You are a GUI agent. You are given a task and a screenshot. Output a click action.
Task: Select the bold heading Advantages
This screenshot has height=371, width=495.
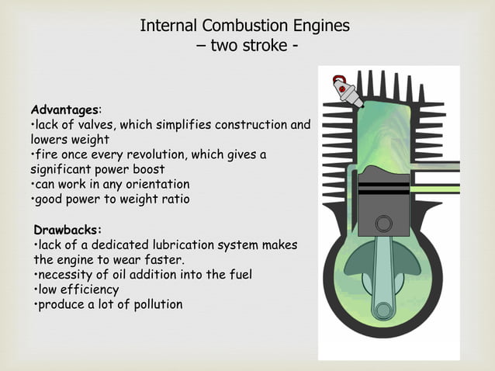pyautogui.click(x=64, y=109)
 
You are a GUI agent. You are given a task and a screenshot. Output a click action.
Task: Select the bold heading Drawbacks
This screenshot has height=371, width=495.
pyautogui.click(x=67, y=230)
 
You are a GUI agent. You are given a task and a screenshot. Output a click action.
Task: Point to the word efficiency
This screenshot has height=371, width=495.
pyautogui.click(x=90, y=290)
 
